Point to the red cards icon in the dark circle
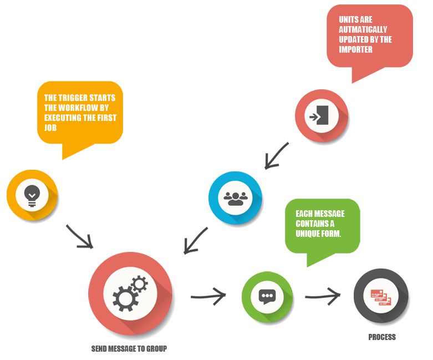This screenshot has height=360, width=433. click(381, 296)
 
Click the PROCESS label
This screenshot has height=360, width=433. click(382, 337)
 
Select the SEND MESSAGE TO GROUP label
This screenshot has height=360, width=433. click(129, 349)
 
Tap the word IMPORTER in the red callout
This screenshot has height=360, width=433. click(356, 49)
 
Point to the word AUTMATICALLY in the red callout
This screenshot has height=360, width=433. click(363, 29)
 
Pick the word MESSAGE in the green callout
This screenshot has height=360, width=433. click(326, 214)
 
